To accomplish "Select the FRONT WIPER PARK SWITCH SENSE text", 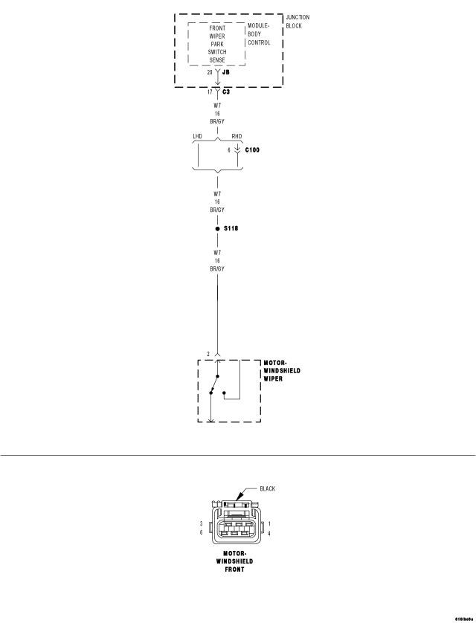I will pyautogui.click(x=217, y=45).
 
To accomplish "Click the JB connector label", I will pyautogui.click(x=225, y=73).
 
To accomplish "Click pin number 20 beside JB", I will pyautogui.click(x=209, y=73).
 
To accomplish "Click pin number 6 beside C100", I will pyautogui.click(x=230, y=149).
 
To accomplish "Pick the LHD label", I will pyautogui.click(x=197, y=137).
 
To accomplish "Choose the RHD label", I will pyautogui.click(x=237, y=137).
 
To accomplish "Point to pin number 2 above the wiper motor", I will pyautogui.click(x=208, y=354).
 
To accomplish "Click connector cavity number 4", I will pyautogui.click(x=268, y=532).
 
